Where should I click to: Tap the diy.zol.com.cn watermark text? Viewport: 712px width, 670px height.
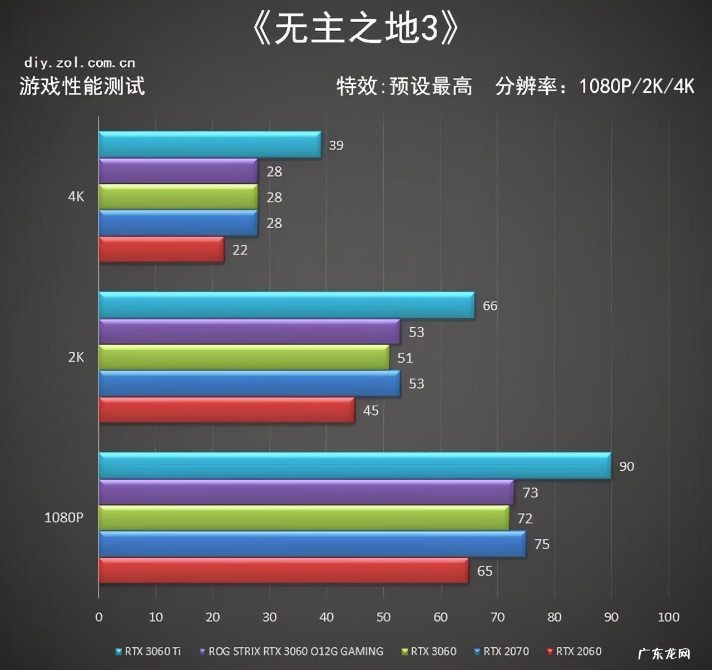pos(80,63)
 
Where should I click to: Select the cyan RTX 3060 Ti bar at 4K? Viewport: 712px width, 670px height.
pos(210,145)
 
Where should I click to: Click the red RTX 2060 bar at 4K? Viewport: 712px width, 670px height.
pos(161,249)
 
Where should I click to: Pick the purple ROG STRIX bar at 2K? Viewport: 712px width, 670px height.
pos(249,332)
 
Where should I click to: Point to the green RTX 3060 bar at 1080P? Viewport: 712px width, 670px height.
pos(304,518)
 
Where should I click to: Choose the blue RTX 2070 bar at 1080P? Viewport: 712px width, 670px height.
pos(312,544)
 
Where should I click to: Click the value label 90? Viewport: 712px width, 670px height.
pos(626,466)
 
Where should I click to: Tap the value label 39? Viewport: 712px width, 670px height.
pos(336,145)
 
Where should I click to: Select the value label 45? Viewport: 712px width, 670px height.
pos(370,411)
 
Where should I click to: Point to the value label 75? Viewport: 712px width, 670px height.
pos(541,544)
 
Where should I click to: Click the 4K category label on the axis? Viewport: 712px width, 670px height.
pos(76,196)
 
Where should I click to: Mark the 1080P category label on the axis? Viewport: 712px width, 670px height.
pos(64,518)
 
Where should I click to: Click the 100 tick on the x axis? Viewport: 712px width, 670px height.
pos(668,617)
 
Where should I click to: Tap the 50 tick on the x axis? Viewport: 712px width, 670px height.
pos(383,617)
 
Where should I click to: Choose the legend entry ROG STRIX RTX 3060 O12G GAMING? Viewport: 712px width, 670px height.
pos(295,651)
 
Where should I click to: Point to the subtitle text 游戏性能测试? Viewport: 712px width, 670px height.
pos(82,86)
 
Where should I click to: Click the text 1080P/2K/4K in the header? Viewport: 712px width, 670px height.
pos(636,86)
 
